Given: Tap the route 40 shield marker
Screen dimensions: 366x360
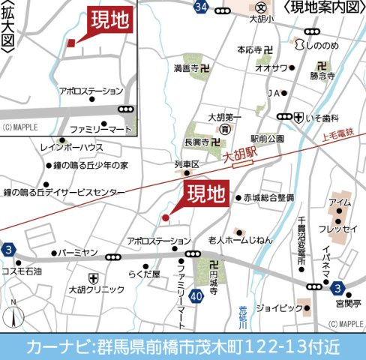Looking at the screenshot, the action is coord(196,297).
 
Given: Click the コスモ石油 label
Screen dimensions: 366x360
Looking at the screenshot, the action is coord(22,271).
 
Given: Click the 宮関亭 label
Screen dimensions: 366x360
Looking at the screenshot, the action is coord(348,304).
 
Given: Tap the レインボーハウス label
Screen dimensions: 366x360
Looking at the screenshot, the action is coord(72,148).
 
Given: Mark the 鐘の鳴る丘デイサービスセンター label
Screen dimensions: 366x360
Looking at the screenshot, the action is coord(64,193).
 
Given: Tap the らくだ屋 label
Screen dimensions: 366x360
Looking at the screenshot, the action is coord(144,274).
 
